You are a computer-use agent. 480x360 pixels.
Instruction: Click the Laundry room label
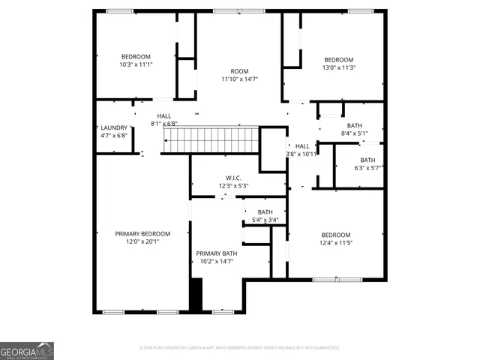click(114, 127)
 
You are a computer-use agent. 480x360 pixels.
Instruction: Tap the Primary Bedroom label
click(142, 233)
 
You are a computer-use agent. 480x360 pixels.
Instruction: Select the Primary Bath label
click(216, 253)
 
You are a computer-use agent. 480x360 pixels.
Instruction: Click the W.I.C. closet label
click(233, 178)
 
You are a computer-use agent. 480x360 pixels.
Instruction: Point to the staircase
click(211, 139)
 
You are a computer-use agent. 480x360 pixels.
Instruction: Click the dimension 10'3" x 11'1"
click(136, 65)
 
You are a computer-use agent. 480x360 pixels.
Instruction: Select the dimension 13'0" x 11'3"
click(338, 67)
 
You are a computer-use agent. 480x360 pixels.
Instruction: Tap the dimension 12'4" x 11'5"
click(335, 242)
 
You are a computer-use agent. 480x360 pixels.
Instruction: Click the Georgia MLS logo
click(27, 351)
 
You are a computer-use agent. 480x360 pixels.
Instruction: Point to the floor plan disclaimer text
click(240, 348)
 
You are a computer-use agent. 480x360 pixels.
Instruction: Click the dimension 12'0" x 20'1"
click(142, 241)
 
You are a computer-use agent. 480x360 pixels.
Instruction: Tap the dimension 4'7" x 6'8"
click(114, 136)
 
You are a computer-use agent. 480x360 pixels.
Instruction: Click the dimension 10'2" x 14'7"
click(216, 262)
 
